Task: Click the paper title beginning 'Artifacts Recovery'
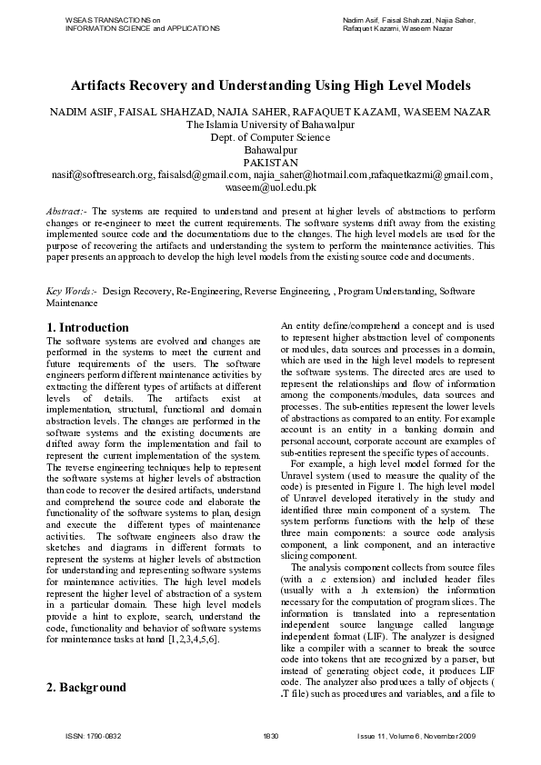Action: click(270, 86)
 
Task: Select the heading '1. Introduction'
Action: click(87, 327)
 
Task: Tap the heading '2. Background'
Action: click(85, 687)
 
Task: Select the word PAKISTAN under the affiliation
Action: click(270, 163)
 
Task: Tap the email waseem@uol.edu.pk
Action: click(270, 187)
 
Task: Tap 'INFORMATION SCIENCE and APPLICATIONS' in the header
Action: click(143, 28)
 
